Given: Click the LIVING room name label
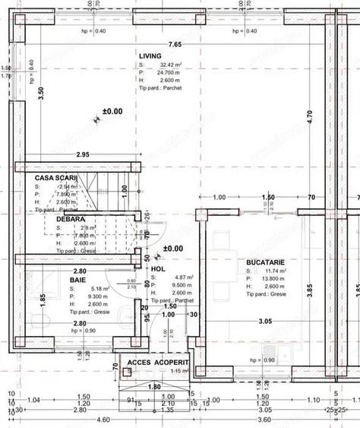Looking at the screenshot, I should [x=150, y=56].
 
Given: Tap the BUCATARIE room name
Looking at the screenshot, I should [x=264, y=262].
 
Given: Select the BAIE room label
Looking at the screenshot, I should [x=78, y=280].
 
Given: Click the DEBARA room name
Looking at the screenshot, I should [x=71, y=218].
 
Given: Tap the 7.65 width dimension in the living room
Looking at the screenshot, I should [x=175, y=44].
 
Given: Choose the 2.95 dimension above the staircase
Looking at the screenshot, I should [x=84, y=154].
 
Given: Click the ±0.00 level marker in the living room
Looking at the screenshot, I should [x=112, y=111].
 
